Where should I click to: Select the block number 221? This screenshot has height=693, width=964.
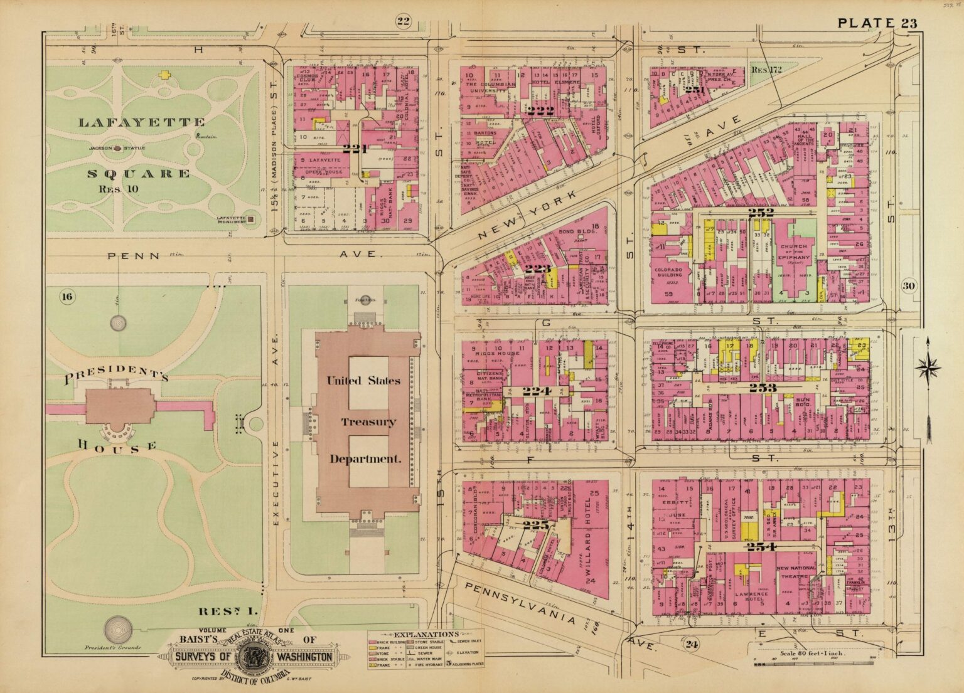click(x=355, y=148)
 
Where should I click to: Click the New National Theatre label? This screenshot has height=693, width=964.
click(x=796, y=572)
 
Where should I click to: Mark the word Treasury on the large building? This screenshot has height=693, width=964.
click(x=368, y=421)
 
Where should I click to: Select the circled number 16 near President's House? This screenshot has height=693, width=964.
click(x=67, y=297)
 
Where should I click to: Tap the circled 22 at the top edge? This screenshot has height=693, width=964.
click(x=403, y=23)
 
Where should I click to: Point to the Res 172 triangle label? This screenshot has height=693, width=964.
click(x=766, y=70)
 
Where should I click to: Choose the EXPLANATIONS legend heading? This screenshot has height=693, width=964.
click(x=426, y=635)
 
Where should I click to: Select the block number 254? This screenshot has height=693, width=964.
click(x=762, y=547)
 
